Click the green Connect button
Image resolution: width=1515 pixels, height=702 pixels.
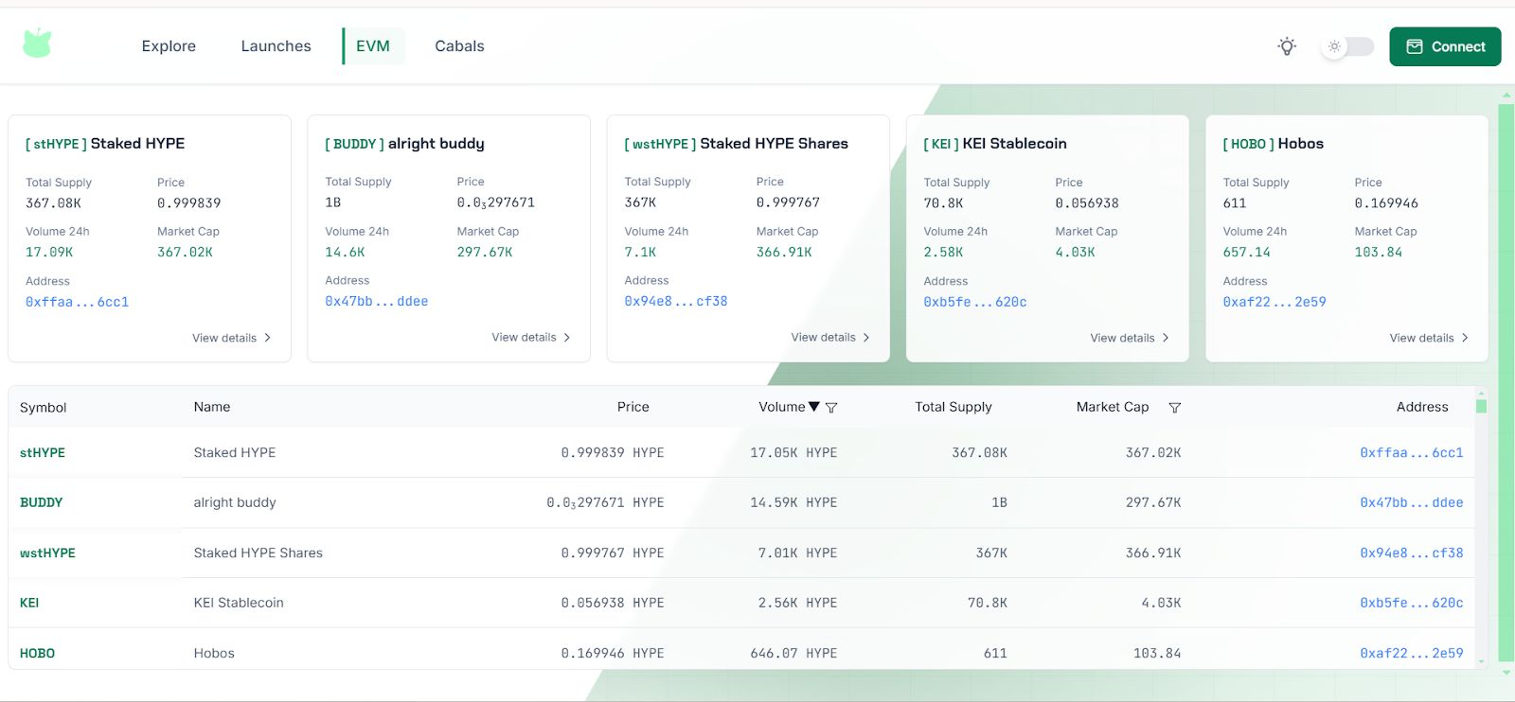tap(1445, 46)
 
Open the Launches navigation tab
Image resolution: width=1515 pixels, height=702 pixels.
tap(276, 46)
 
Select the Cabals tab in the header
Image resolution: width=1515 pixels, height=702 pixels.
tap(459, 46)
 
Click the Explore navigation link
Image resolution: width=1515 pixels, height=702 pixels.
tap(169, 46)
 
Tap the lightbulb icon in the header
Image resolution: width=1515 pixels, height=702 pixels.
tap(1287, 46)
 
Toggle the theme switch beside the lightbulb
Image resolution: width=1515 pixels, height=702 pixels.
tap(1346, 46)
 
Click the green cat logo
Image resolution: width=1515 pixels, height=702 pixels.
tap(37, 44)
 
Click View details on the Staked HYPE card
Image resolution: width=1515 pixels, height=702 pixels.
tap(231, 338)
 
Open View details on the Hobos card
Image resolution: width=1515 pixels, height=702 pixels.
tap(1428, 338)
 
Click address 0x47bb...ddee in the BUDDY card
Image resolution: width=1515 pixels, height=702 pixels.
tap(376, 302)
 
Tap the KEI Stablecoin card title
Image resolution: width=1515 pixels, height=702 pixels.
tap(1014, 144)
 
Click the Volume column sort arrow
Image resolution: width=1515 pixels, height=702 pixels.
tap(814, 407)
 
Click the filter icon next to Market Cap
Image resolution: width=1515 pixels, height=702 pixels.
tap(1174, 408)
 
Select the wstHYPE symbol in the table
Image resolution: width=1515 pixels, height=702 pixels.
tap(47, 553)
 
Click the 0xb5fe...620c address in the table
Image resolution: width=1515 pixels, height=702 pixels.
tap(1411, 603)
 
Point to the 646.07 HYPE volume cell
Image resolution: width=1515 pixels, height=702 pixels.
tap(793, 653)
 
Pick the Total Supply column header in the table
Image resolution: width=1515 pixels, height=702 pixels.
tap(953, 407)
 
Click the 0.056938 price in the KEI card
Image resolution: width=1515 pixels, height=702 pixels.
tap(1087, 203)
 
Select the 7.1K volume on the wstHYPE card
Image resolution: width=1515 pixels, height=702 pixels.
tap(640, 253)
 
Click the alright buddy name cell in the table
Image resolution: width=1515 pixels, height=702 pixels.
tap(235, 502)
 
